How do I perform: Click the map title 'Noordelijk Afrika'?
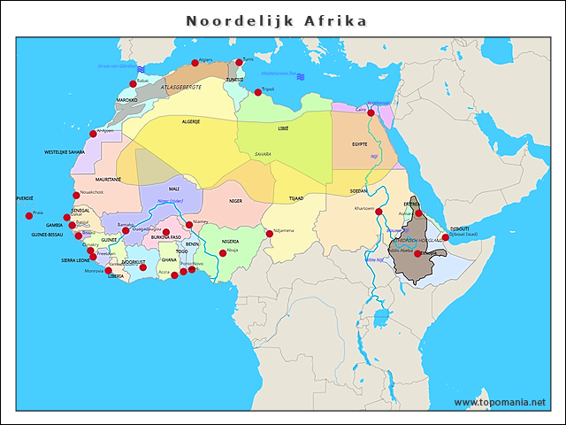(x=277, y=20)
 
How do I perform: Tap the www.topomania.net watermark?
(x=500, y=403)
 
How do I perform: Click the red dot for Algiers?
(x=195, y=63)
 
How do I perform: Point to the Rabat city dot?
(x=134, y=84)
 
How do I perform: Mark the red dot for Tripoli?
(x=258, y=92)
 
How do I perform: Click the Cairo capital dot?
(x=371, y=112)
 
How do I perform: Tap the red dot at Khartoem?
(x=378, y=212)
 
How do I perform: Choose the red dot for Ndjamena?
(x=269, y=234)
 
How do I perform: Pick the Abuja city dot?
(x=223, y=253)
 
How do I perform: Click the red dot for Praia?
(x=29, y=215)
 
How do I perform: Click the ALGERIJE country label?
(x=191, y=121)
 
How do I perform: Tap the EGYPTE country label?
(x=359, y=143)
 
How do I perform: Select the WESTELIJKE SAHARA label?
(x=65, y=152)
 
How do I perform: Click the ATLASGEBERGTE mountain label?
(x=181, y=88)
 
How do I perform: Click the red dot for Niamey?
(x=189, y=225)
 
